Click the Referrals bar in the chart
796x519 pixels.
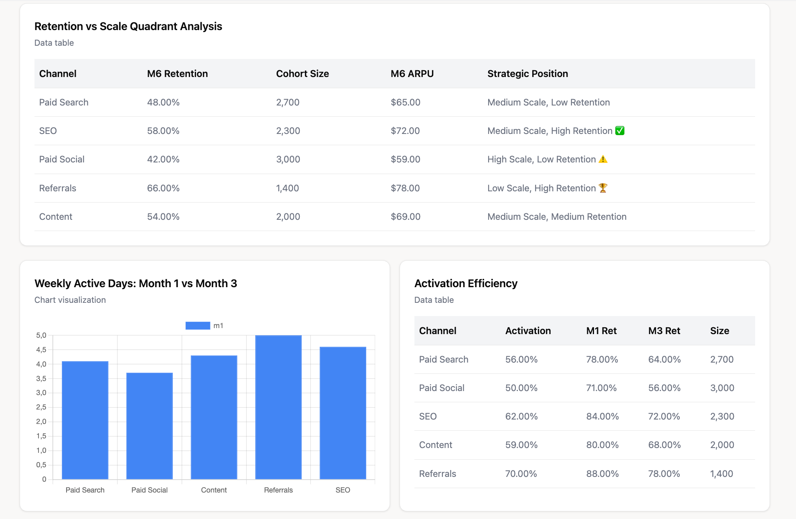278,407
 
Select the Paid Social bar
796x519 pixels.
150,426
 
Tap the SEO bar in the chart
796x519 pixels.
343,413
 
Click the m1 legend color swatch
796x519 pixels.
198,326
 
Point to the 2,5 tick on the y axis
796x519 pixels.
41,407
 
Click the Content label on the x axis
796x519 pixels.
214,490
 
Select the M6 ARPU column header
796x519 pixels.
412,74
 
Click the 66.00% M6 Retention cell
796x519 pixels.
163,188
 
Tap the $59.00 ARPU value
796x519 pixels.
405,160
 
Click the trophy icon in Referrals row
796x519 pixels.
603,188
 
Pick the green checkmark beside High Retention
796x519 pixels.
620,131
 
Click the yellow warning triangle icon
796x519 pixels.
603,159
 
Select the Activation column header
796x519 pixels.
528,331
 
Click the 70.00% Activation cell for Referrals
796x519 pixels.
521,474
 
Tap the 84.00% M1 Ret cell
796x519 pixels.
602,416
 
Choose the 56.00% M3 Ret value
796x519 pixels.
664,388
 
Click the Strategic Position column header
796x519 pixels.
527,74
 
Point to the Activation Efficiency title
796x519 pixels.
466,284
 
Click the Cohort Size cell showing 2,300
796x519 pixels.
288,131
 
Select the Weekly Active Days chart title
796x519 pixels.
135,284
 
